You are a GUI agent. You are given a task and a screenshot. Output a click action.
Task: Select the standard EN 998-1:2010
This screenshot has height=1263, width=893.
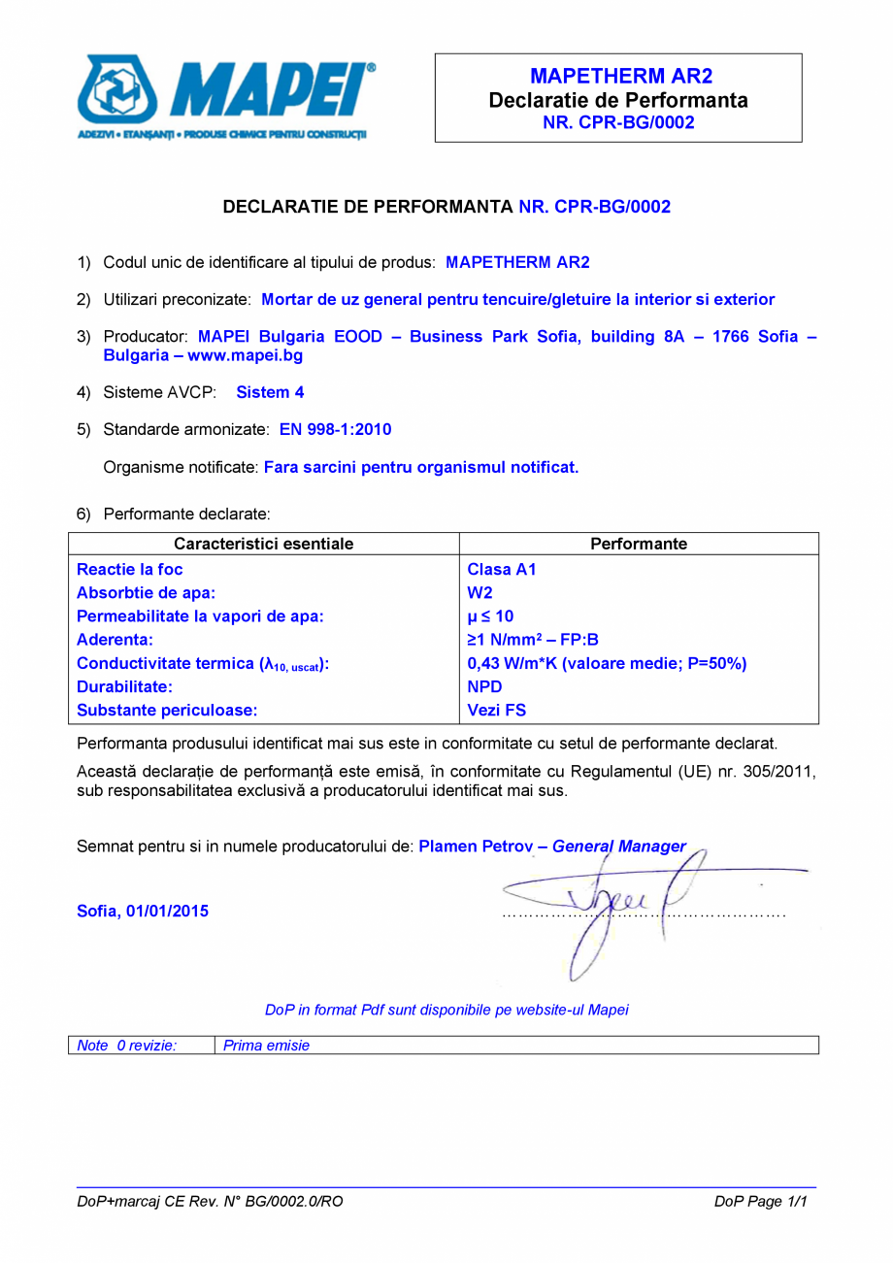(335, 429)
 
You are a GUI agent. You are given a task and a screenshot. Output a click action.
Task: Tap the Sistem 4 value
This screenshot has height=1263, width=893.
(270, 392)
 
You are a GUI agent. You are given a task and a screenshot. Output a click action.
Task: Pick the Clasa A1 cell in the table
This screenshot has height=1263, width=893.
(501, 570)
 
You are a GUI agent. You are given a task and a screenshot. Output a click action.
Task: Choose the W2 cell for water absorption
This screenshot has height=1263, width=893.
(480, 593)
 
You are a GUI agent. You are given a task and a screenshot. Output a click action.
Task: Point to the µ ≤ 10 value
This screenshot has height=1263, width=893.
(490, 616)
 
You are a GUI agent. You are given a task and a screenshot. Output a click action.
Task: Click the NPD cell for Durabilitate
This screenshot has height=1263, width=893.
(484, 686)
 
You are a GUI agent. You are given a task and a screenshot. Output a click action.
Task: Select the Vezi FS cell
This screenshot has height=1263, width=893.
(496, 710)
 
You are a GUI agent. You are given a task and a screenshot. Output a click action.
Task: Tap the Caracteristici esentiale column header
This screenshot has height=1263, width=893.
(263, 544)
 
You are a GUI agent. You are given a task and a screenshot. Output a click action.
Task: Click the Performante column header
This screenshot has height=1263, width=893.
(638, 544)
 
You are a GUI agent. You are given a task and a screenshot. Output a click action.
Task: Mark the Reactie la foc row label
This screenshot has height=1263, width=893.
(129, 570)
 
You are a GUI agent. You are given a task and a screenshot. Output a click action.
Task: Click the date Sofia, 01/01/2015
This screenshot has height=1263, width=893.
(142, 911)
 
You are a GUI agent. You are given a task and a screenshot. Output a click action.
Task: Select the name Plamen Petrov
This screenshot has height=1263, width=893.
(476, 847)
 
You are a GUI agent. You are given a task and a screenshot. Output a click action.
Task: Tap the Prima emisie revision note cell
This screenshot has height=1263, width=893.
(266, 1046)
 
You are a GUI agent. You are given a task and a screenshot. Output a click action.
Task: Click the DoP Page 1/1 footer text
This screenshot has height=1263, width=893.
(760, 1201)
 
